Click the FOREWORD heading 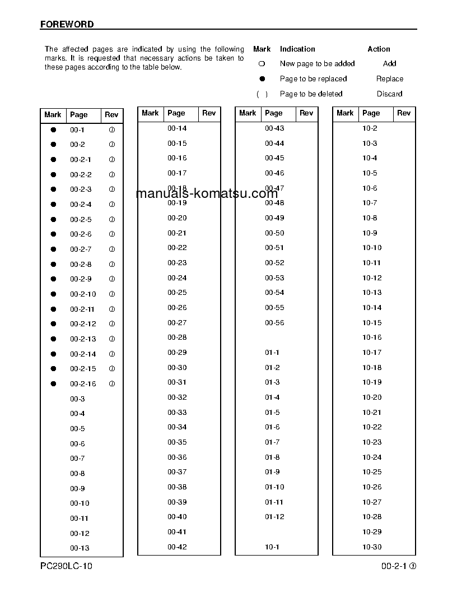[67, 25]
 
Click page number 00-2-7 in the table [81, 249]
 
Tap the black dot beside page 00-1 [53, 129]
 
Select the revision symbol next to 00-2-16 [111, 384]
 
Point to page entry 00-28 [177, 337]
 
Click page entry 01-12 [274, 517]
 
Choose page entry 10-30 [372, 547]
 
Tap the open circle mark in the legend [262, 64]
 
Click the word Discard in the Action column [389, 94]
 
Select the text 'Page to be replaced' [313, 79]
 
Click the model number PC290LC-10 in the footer [66, 566]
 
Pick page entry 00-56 [274, 323]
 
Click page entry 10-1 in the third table [272, 547]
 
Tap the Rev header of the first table [111, 115]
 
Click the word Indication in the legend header [297, 49]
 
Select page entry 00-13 [80, 548]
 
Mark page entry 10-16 [372, 337]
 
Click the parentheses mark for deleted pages [262, 94]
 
